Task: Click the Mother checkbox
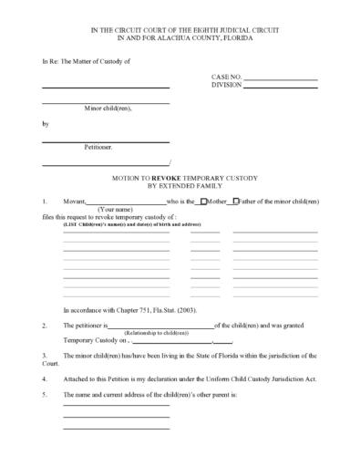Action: tap(202, 201)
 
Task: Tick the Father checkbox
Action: tap(237, 201)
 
